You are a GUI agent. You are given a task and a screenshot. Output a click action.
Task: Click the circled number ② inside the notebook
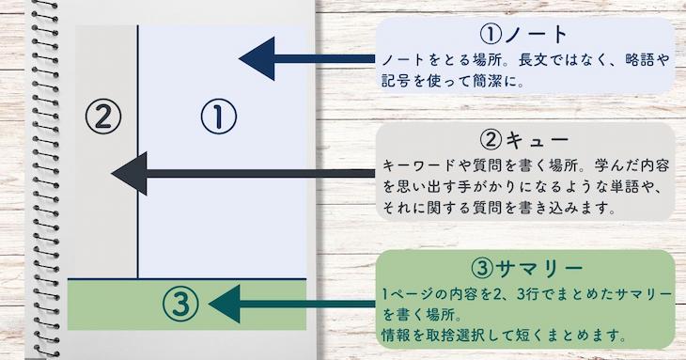tap(103, 116)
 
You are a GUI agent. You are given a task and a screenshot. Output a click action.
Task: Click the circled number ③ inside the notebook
tap(180, 303)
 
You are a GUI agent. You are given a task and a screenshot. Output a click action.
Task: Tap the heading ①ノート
tap(524, 35)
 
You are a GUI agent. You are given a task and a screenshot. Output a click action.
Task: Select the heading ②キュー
tap(524, 140)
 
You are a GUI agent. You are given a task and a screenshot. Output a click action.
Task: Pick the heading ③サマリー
tap(524, 269)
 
